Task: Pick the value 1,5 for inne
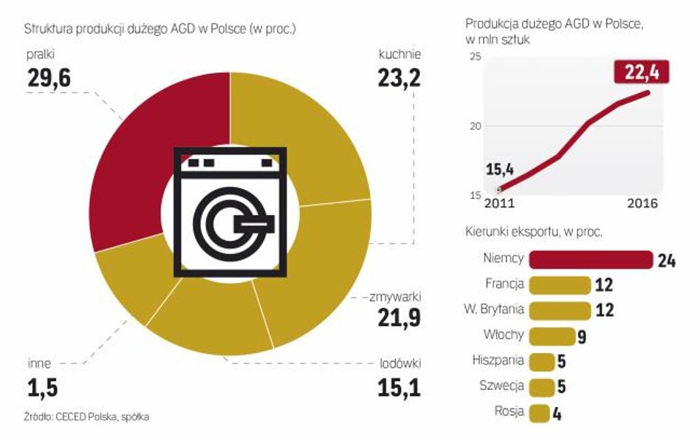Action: tap(43, 386)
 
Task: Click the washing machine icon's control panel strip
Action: tap(231, 161)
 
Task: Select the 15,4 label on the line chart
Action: tap(499, 171)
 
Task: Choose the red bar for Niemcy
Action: tap(591, 259)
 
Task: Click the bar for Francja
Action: tap(560, 284)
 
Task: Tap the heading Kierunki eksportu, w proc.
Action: tap(535, 232)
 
